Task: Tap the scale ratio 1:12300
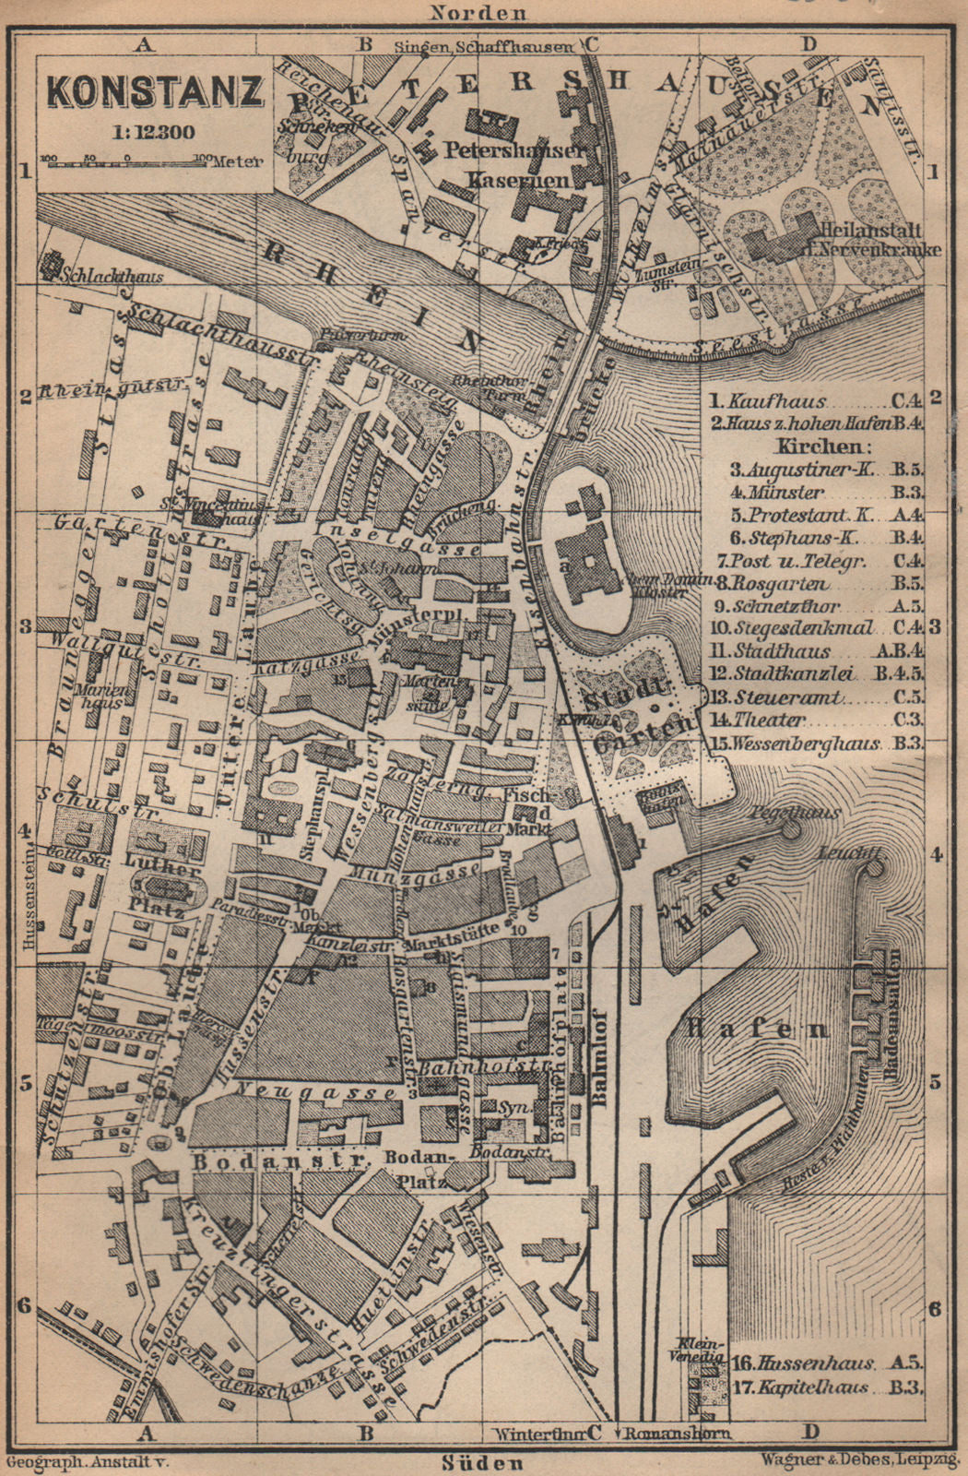(154, 131)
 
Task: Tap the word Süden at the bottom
(482, 1462)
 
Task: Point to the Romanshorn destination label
(677, 1434)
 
